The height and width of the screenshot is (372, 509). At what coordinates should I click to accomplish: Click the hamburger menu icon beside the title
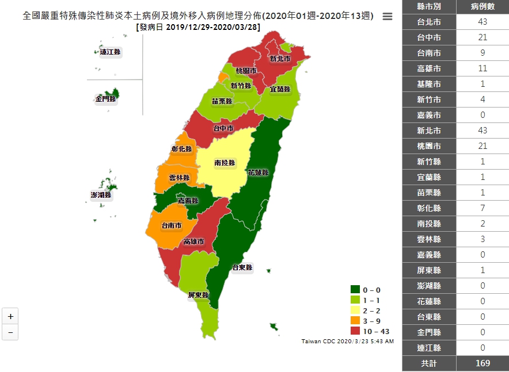[x=388, y=17]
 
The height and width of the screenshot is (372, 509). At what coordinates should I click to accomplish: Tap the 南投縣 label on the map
[x=225, y=163]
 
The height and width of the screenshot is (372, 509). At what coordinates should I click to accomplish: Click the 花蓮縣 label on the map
[x=258, y=172]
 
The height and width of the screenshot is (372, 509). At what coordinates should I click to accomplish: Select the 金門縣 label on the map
[x=106, y=99]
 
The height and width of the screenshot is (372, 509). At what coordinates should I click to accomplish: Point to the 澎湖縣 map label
[x=101, y=195]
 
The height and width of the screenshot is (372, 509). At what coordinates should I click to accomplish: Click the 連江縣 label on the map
[x=110, y=52]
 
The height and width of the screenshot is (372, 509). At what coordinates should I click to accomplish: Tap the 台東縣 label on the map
[x=242, y=267]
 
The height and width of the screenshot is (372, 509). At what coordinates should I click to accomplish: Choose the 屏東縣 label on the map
[x=198, y=295]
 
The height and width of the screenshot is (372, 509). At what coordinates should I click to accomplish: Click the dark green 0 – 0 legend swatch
[x=355, y=290]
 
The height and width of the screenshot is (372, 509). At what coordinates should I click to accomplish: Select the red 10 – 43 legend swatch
[x=355, y=331]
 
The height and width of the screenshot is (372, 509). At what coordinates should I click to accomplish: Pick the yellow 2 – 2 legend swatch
[x=355, y=310]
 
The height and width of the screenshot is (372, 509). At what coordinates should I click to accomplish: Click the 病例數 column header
[x=483, y=6]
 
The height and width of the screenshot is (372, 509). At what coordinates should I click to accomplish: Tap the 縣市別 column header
[x=429, y=6]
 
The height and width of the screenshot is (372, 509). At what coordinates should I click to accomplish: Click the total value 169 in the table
[x=483, y=363]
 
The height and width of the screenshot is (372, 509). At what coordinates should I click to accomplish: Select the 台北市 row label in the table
[x=429, y=22]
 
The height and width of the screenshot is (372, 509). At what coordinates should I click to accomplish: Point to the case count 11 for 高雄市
[x=483, y=68]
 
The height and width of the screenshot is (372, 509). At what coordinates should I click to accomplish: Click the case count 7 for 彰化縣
[x=483, y=208]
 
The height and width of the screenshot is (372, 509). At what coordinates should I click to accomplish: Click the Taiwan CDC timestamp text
[x=347, y=342]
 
